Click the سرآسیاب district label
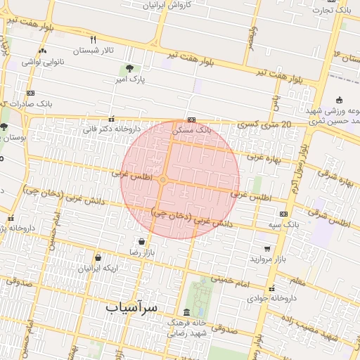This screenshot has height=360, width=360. (131, 308)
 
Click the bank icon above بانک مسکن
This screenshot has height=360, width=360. (191, 120)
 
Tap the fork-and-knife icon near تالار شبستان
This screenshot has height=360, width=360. (93, 39)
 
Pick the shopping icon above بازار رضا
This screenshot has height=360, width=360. (142, 240)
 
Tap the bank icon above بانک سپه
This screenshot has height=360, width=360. (283, 214)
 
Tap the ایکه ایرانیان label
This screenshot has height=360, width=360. (97, 269)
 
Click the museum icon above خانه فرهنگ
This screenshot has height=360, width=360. (186, 312)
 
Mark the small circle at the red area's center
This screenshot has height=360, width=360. (163, 181)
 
